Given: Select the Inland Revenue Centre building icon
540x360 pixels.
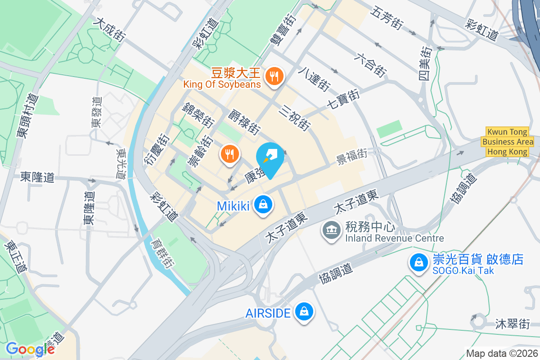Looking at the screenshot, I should tap(332, 230).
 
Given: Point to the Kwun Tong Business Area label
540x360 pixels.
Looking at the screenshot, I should tap(508, 142).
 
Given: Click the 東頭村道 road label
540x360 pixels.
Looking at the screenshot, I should tap(27, 116).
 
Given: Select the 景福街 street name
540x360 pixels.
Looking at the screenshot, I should tap(352, 156).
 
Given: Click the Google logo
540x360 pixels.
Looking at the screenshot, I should tap(30, 349).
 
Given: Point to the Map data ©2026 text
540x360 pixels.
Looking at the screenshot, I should tap(501, 353).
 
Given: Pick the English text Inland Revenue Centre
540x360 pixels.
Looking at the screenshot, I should tap(395, 238).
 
